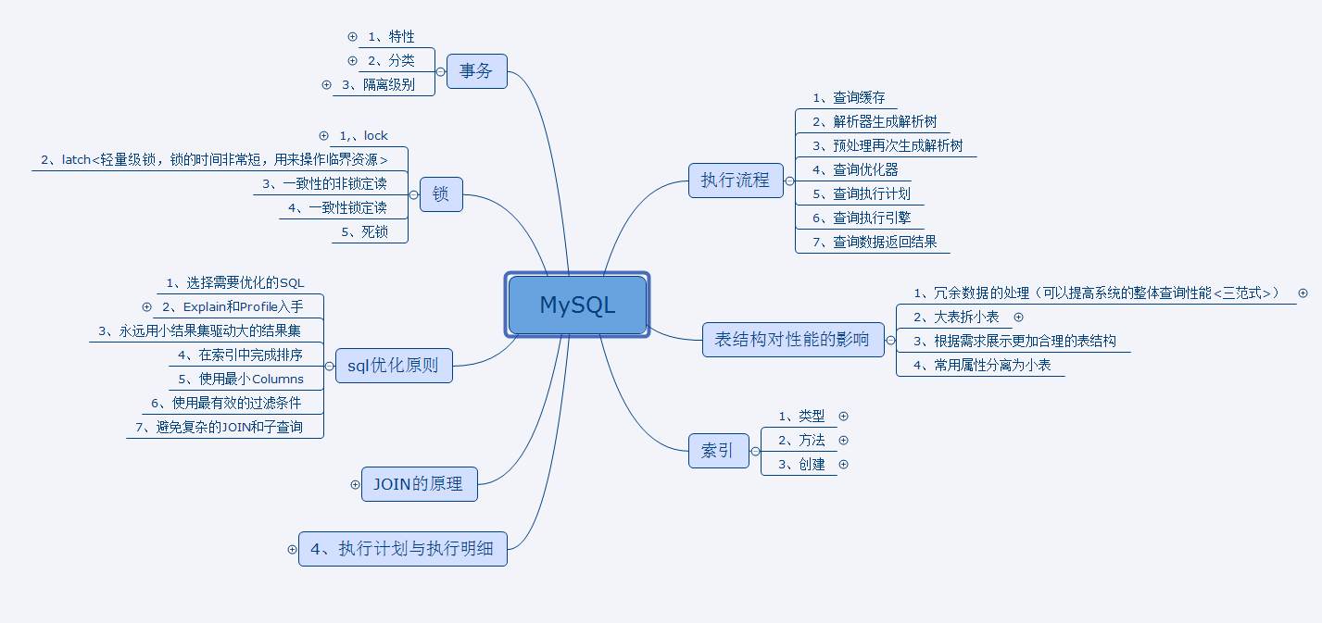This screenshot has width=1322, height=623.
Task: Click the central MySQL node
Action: tap(577, 305)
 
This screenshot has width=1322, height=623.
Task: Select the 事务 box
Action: tap(476, 70)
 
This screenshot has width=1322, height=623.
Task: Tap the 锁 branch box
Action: tap(441, 194)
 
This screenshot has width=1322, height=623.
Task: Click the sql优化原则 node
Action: tap(394, 365)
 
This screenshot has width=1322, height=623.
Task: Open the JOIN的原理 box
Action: tap(419, 483)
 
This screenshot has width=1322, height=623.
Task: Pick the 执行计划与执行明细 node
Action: tap(402, 548)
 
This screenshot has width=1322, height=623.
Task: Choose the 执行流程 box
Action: tap(736, 180)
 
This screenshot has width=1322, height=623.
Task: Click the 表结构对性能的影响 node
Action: tap(793, 340)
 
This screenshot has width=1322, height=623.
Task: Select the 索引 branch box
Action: tap(718, 451)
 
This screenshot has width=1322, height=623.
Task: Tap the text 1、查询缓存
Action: tap(849, 97)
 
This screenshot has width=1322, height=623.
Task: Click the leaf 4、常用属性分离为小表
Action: tap(982, 365)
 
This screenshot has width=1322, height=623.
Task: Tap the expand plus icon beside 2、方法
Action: tap(843, 440)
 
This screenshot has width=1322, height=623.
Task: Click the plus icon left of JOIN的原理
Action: tap(355, 483)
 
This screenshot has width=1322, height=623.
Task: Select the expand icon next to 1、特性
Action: tap(352, 36)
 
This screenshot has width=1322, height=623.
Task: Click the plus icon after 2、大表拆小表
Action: tap(1019, 317)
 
